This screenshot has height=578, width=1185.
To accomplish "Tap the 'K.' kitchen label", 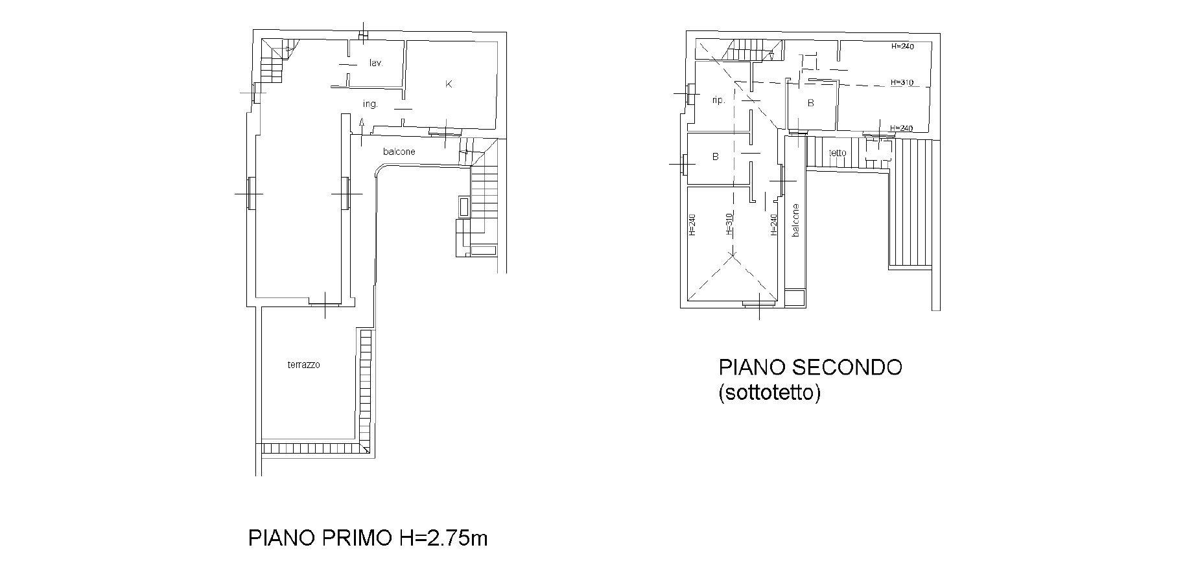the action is tap(449, 84).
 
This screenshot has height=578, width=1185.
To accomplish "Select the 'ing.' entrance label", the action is tap(370, 104).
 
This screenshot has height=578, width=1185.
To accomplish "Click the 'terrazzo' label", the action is tap(304, 365).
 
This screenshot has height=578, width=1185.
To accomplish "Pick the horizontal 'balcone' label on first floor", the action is tap(399, 152).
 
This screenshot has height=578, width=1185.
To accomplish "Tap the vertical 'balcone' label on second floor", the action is tap(796, 220).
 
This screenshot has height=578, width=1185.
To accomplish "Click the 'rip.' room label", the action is tap(718, 100).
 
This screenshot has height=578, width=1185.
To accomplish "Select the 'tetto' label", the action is tap(838, 153).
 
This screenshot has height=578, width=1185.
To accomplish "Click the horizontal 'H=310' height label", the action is tap(902, 83).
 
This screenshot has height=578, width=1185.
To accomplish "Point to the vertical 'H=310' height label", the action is tap(729, 224).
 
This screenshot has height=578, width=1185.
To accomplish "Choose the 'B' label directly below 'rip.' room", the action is tap(716, 157).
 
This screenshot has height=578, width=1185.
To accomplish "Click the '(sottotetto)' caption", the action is tap(769, 393).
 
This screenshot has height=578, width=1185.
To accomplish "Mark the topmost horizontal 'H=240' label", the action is tap(902, 47).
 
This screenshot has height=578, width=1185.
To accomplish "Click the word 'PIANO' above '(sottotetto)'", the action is tap(751, 367).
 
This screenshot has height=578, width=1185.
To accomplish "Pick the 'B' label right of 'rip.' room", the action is tap(810, 103).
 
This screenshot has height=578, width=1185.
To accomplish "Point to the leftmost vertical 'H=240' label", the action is tap(692, 224).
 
